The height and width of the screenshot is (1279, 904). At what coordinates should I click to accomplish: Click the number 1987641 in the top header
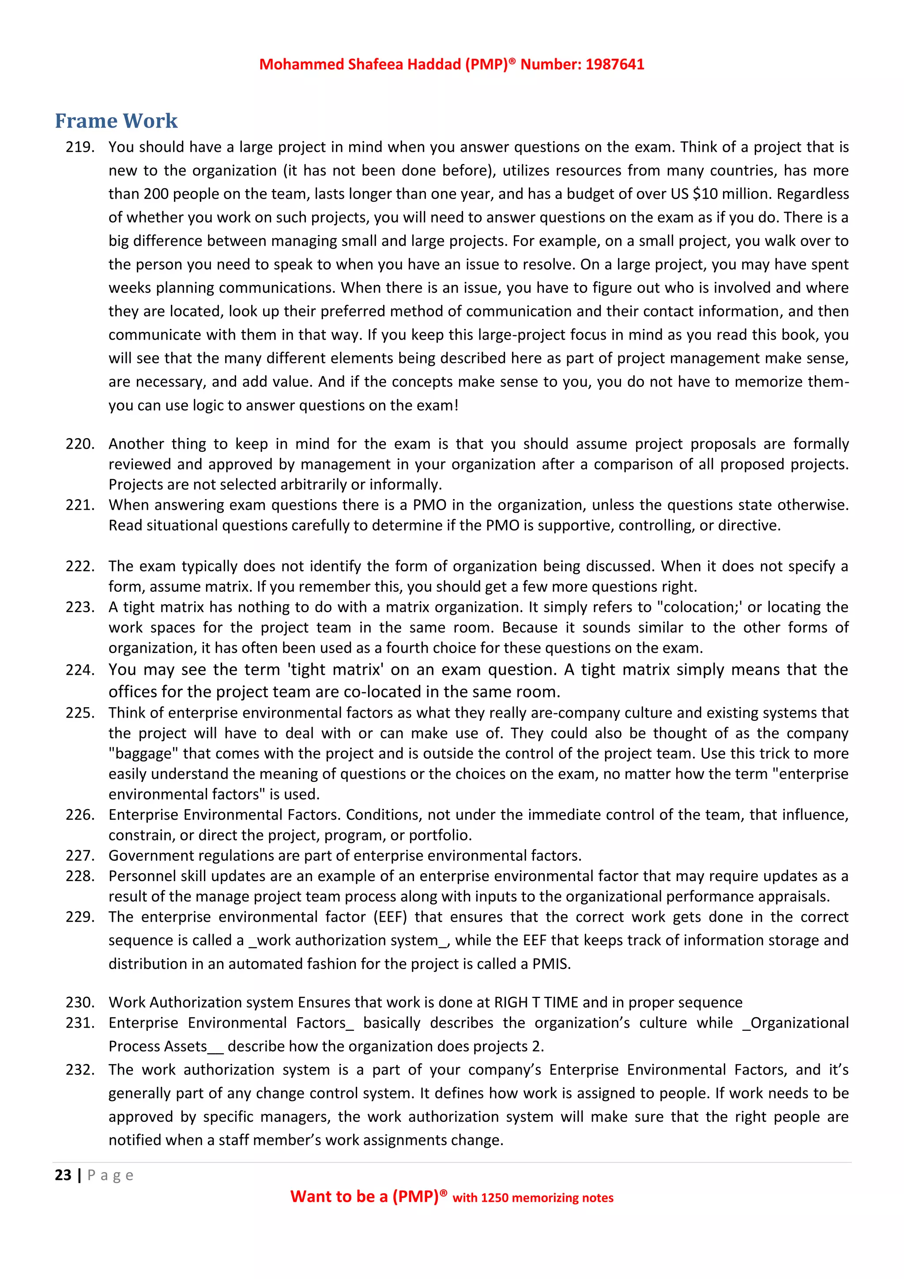614,64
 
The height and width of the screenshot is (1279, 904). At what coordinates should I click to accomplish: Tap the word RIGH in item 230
511,1003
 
